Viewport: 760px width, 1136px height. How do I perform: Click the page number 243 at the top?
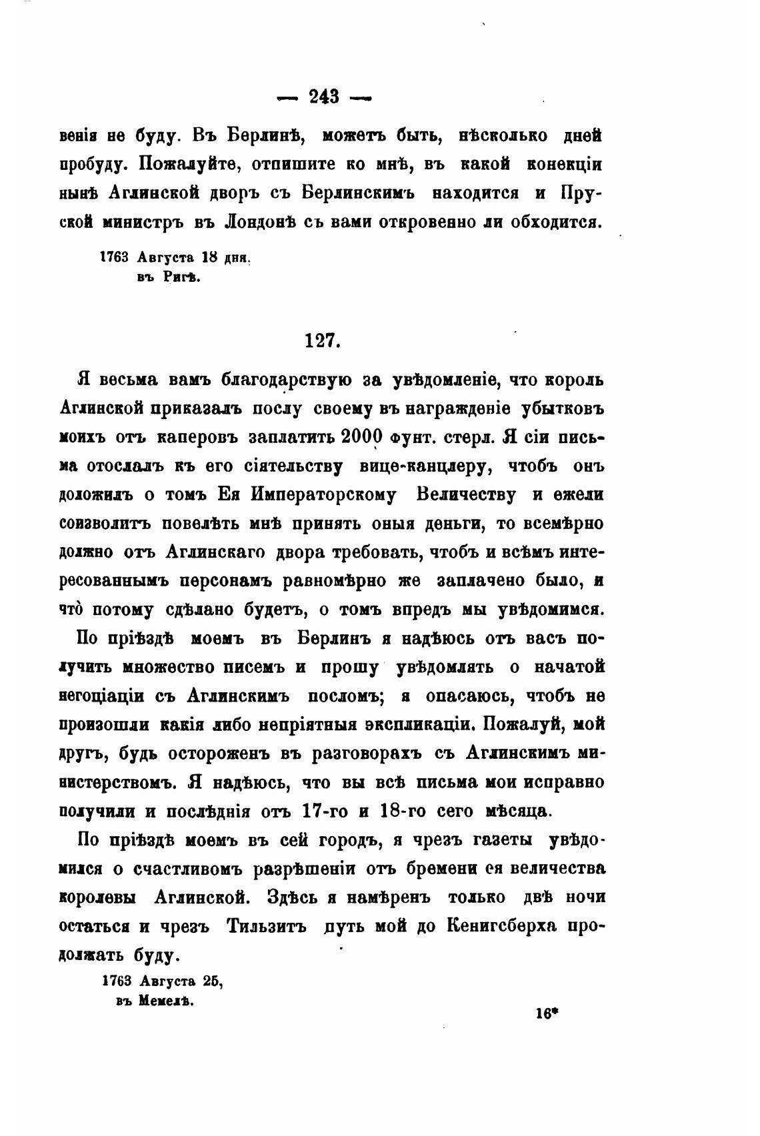tap(324, 98)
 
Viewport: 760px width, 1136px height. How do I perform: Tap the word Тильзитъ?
tap(267, 926)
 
